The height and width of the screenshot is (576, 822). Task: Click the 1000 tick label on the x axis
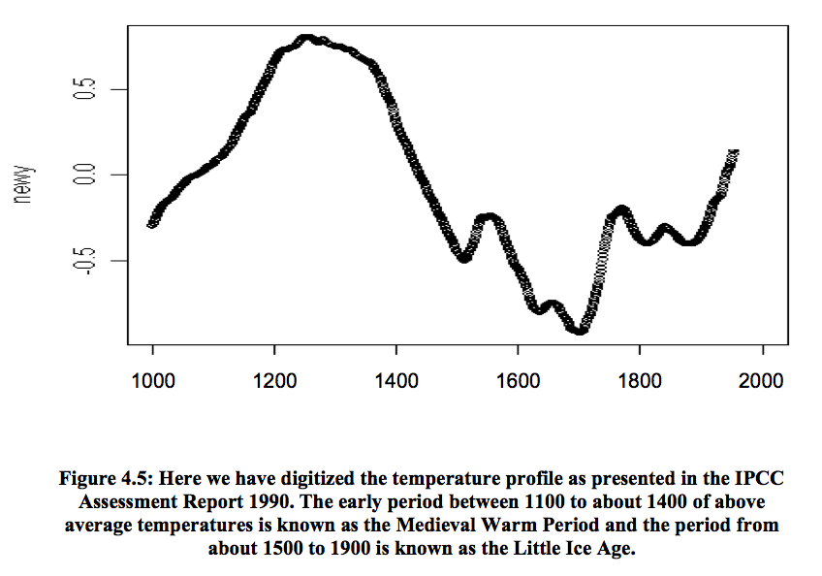click(x=152, y=379)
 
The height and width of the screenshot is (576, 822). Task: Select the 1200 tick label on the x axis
click(x=274, y=379)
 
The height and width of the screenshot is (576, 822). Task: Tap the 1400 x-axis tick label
click(x=396, y=379)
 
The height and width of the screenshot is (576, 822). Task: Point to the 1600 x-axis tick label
click(x=518, y=379)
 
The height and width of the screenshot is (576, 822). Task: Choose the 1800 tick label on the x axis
click(x=640, y=379)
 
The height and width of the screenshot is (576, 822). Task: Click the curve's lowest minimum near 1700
click(x=580, y=330)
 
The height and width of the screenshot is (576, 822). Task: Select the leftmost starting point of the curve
click(x=152, y=223)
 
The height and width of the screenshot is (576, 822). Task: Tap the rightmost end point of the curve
click(x=734, y=153)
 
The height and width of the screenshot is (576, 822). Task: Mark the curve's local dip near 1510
click(x=464, y=257)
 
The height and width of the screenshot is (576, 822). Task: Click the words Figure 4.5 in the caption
click(x=109, y=479)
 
